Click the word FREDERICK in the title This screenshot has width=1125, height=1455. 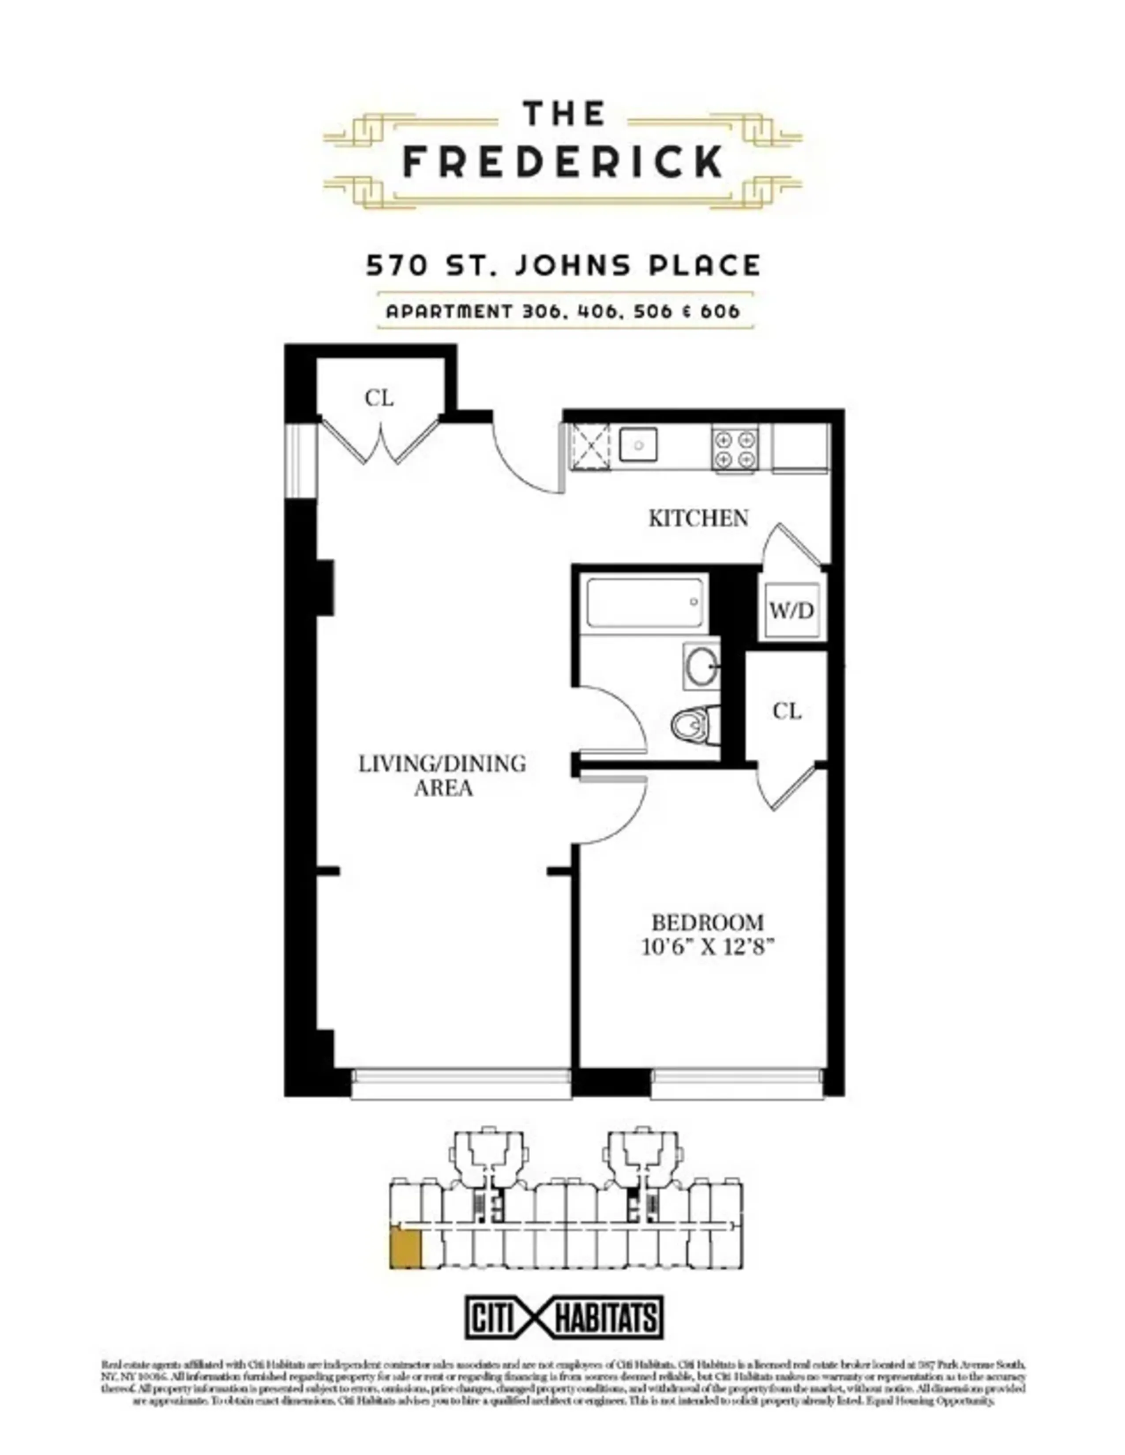click(563, 161)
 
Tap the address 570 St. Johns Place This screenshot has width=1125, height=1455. click(563, 266)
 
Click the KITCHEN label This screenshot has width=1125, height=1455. click(698, 519)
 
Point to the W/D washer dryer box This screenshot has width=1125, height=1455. click(792, 610)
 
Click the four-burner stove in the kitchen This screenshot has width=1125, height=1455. click(735, 449)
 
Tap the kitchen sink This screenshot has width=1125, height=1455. click(638, 444)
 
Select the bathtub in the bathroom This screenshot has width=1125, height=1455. click(644, 603)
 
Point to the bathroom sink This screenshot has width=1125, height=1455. click(701, 667)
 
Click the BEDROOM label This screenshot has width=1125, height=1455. click(707, 923)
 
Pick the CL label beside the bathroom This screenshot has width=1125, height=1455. click(787, 712)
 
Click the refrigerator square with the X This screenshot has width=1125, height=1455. click(590, 446)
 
